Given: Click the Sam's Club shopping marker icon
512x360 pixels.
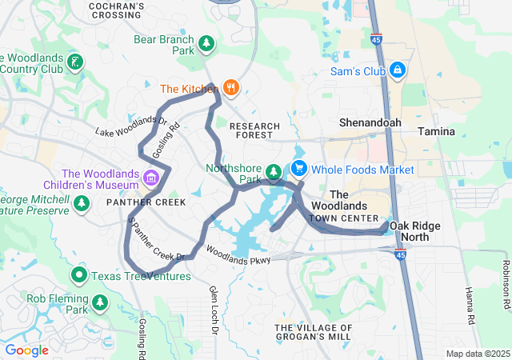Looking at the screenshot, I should tap(397, 70).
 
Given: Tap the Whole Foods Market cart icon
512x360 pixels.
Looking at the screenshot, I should tap(299, 169).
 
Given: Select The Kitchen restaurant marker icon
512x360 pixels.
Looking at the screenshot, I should tap(230, 88).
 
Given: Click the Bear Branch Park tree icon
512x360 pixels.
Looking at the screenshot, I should tap(206, 42).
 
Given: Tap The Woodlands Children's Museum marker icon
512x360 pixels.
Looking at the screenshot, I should tap(150, 176).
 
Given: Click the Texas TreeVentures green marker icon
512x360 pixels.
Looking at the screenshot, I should tap(79, 276).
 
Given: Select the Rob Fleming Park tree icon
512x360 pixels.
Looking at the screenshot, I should tap(99, 302).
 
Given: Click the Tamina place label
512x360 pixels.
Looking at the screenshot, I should tap(436, 131).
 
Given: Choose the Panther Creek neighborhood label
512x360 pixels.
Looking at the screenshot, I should tap(146, 202).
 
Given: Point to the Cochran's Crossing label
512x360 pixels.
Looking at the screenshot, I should tap(118, 10).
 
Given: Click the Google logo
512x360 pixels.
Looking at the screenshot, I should tap(27, 350).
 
